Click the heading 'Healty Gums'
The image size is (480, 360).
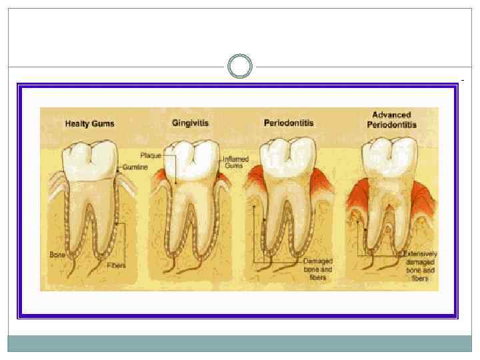point(89,123)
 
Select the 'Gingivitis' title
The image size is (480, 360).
point(191,123)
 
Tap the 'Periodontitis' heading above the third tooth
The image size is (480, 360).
point(289,123)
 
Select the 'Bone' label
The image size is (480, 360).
point(57,255)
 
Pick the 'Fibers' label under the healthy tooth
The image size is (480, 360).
point(116,265)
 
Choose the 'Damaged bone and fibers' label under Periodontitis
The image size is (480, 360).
point(318,269)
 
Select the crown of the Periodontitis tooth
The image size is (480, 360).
point(288,157)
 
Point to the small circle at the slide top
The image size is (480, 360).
point(240,67)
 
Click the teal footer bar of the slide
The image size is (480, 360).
point(240,343)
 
